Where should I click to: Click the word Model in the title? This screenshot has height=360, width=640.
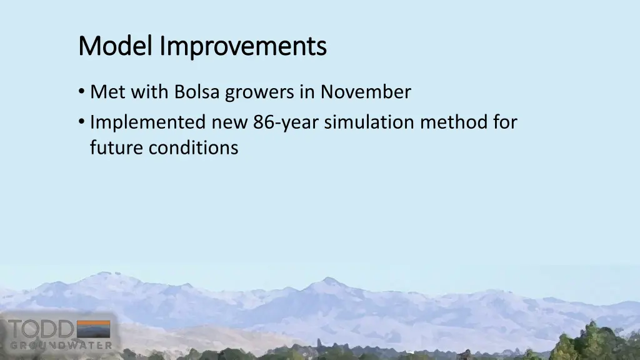(x=116, y=46)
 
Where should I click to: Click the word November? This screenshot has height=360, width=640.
(x=366, y=92)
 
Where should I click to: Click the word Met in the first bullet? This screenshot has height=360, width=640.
(x=104, y=92)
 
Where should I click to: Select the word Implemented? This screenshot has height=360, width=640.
(x=147, y=122)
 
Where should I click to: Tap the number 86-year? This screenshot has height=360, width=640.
(x=286, y=122)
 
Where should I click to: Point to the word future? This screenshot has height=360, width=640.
(x=117, y=148)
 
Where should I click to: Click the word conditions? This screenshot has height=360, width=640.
(x=194, y=148)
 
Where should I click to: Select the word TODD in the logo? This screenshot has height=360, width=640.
(x=40, y=329)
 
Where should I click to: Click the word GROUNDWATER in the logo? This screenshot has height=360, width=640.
(x=61, y=344)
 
